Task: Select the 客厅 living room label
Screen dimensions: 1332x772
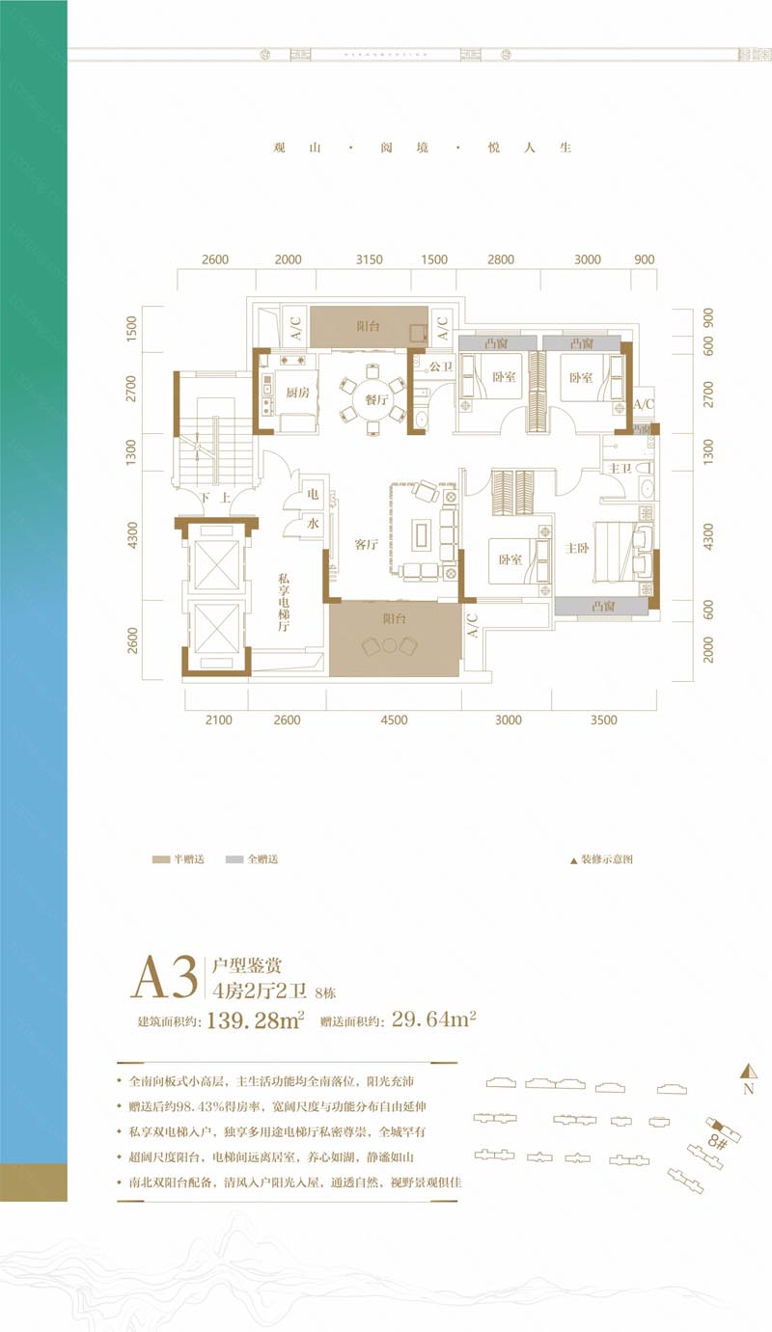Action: coord(365,545)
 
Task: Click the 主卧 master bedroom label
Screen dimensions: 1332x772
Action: coord(577,548)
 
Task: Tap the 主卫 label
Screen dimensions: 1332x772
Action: coord(618,468)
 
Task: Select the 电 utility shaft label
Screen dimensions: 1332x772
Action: coord(313,493)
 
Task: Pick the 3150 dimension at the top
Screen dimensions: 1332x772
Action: coord(370,259)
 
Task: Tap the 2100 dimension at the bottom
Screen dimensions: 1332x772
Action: coord(219,720)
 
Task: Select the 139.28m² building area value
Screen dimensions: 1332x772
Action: coord(256,1020)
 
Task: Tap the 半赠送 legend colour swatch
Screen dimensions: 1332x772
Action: coord(160,858)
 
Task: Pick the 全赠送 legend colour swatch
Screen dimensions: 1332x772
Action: coord(234,858)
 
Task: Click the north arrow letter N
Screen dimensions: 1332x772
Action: coord(748,1090)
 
